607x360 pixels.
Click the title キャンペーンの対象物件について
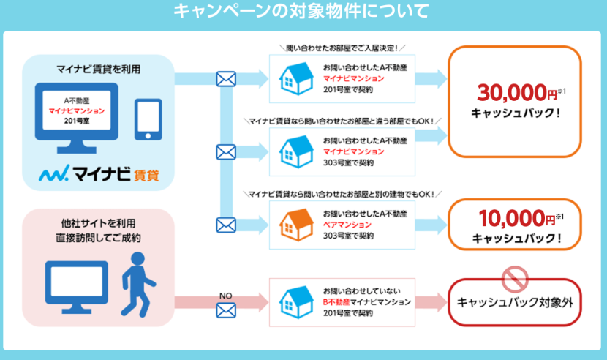(301, 12)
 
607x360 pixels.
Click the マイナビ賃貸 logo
(101, 176)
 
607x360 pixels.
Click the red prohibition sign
(515, 277)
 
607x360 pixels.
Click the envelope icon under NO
(226, 310)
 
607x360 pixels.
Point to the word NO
(226, 294)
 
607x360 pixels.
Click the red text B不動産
(336, 301)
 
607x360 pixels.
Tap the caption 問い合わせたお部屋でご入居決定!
(342, 48)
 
